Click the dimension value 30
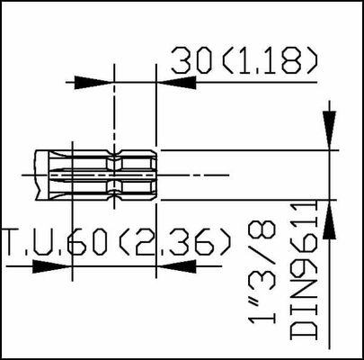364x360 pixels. tap(191, 60)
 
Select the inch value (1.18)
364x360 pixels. tap(270, 60)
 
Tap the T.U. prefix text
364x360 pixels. tap(34, 242)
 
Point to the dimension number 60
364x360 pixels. tap(87, 242)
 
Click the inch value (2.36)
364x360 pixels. tap(175, 242)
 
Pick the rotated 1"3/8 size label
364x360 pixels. tap(262, 273)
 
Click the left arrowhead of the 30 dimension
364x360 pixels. tap(93, 82)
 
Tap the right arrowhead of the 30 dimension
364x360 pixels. tap(176, 82)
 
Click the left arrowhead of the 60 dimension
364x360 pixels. tap(52, 266)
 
